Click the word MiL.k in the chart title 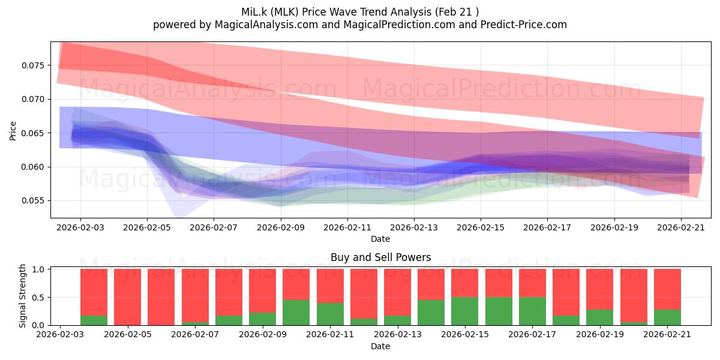254,12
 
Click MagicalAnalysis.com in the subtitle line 266,25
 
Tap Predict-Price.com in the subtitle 524,25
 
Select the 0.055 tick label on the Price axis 32,201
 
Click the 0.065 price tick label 32,133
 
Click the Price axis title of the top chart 13,131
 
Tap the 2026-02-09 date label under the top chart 281,227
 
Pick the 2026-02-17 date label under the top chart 547,227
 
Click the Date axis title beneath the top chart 380,239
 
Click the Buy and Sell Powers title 380,257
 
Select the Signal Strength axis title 22,296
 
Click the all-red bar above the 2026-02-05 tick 127,297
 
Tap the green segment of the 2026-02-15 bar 465,311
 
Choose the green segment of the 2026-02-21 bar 667,317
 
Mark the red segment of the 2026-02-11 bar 330,286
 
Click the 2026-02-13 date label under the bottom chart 398,335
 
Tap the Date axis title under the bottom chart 380,346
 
